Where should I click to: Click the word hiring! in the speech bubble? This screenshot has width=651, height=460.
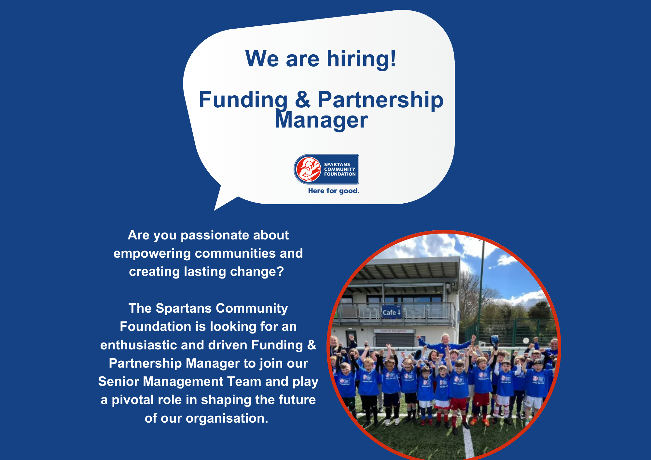pyautogui.click(x=361, y=59)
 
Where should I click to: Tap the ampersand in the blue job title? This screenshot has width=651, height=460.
pyautogui.click(x=303, y=100)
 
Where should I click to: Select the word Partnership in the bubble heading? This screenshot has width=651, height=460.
pyautogui.click(x=380, y=100)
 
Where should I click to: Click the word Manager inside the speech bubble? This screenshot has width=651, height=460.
pyautogui.click(x=321, y=120)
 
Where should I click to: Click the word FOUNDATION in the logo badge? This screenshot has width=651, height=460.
pyautogui.click(x=340, y=174)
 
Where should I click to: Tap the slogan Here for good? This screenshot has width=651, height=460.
pyautogui.click(x=334, y=191)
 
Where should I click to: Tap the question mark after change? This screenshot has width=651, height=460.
pyautogui.click(x=280, y=272)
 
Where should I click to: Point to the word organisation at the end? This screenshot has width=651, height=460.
pyautogui.click(x=227, y=418)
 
